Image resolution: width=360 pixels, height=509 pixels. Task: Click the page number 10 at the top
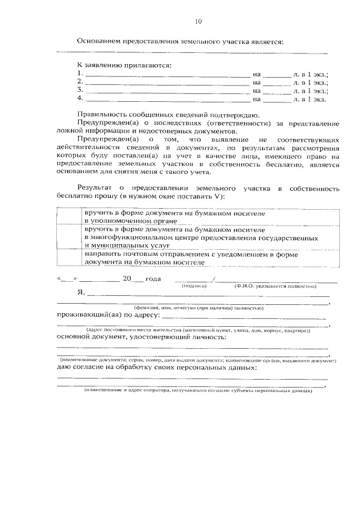pyautogui.click(x=197, y=22)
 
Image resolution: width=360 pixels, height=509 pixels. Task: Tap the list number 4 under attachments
pyautogui.click(x=80, y=99)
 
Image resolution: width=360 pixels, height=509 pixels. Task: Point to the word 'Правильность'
pyautogui.click(x=102, y=114)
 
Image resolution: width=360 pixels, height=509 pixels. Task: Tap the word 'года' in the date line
pyautogui.click(x=153, y=279)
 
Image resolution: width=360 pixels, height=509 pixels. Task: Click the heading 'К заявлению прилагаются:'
pyautogui.click(x=124, y=65)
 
